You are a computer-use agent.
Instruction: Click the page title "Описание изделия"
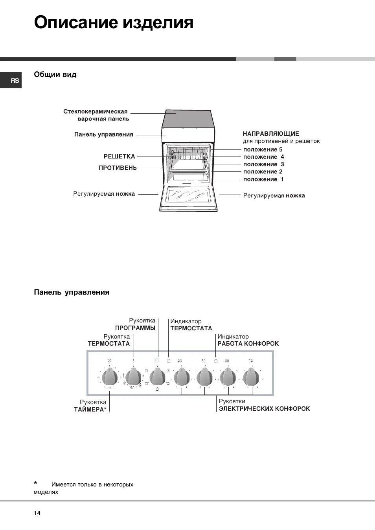tap(114, 23)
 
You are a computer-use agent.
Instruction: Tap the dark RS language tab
tap(15, 80)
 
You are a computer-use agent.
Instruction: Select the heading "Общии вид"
tap(55, 75)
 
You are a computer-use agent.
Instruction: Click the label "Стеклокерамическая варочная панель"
tap(96, 115)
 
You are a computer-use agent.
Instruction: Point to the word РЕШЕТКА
tap(119, 157)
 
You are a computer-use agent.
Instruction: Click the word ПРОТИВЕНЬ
tap(118, 168)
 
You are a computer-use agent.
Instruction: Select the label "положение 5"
tap(263, 149)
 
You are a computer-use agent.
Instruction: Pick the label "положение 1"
tap(263, 179)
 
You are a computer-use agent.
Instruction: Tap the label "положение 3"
tap(263, 164)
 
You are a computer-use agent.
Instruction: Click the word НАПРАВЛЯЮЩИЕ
tap(271, 134)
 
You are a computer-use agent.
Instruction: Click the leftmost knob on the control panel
tap(110, 377)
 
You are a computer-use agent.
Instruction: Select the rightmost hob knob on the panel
tap(251, 377)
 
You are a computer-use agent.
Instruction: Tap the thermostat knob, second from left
tap(133, 377)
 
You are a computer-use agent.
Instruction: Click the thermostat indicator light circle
tap(169, 361)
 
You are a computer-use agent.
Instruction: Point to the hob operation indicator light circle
tap(215, 361)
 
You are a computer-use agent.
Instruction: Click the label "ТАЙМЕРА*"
tap(90, 410)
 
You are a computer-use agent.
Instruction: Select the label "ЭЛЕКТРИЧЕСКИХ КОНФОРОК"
tap(264, 409)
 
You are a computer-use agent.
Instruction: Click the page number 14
tap(37, 513)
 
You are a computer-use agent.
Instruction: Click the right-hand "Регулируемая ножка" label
tap(274, 196)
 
